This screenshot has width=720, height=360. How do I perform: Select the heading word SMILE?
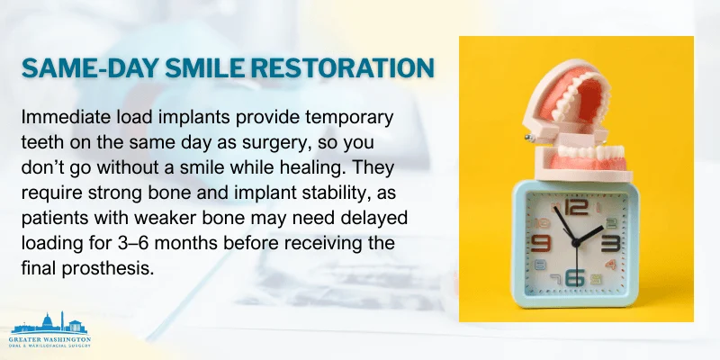pos(205,68)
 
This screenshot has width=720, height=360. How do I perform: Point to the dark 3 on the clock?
pos(612,241)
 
